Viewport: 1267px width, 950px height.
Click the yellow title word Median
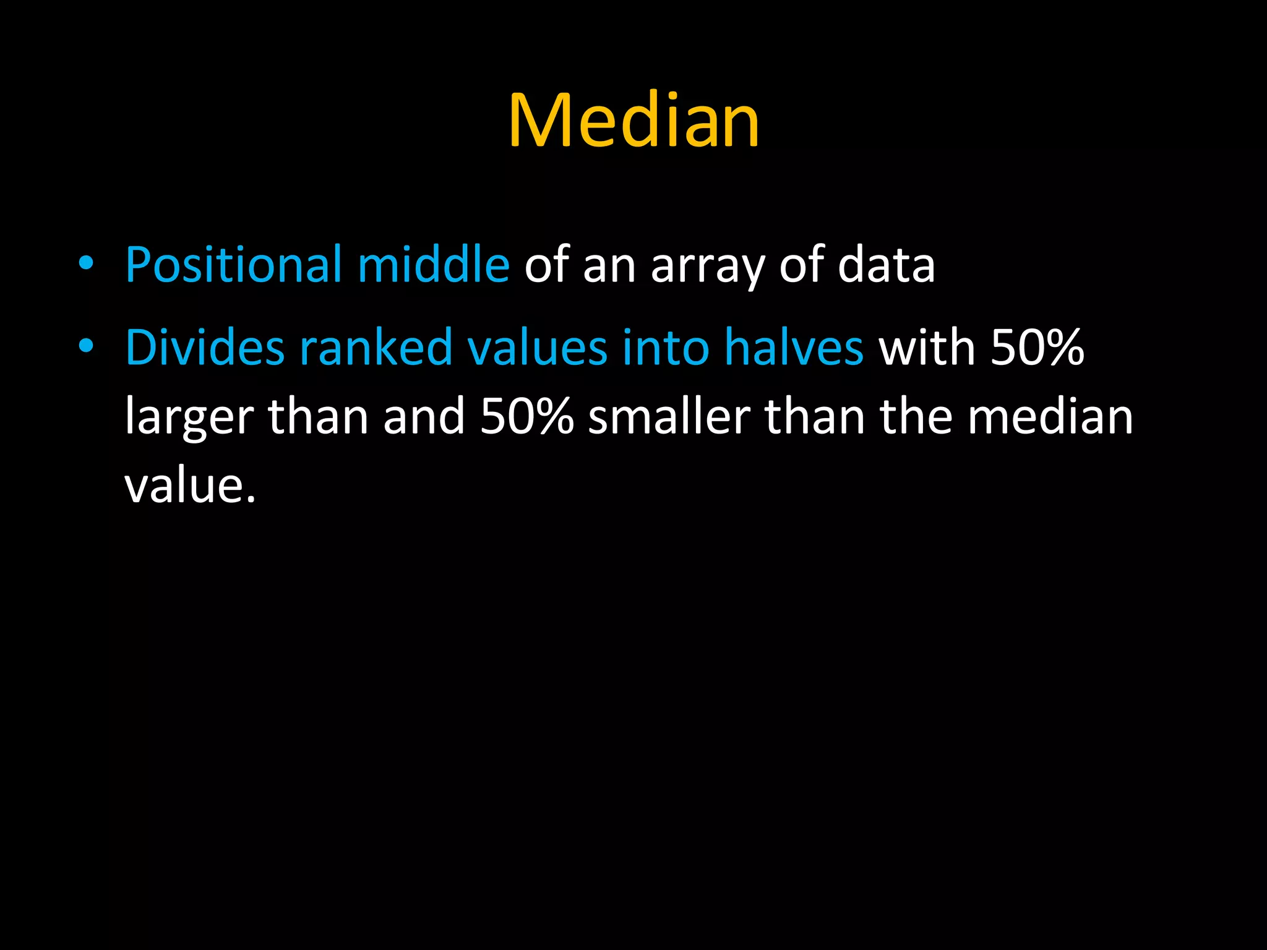tap(633, 120)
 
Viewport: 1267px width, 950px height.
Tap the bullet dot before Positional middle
tap(86, 264)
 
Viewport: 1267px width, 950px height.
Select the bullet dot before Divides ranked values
tap(86, 346)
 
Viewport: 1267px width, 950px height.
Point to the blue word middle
tap(433, 265)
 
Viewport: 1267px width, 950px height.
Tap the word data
tap(886, 265)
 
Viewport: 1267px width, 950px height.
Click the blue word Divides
tap(205, 348)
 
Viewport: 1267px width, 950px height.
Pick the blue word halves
tap(794, 348)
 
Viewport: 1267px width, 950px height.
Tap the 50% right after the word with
tap(1037, 348)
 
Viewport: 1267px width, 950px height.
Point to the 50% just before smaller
tap(527, 417)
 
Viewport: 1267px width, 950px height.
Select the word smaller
tap(669, 417)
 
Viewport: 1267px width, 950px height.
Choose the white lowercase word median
tap(1050, 417)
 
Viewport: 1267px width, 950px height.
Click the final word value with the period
tap(189, 486)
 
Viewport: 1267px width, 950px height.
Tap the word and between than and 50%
tap(424, 417)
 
